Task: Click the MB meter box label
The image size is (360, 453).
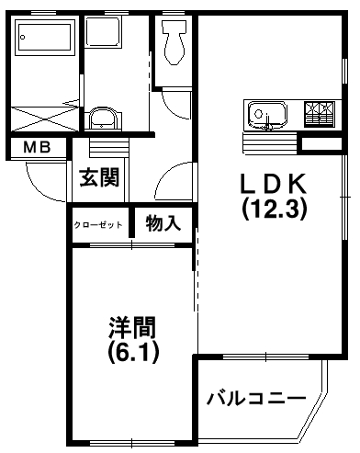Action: (37, 148)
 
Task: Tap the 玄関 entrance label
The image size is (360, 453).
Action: (99, 177)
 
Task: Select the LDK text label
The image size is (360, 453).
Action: (274, 184)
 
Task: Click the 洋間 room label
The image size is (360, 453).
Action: (132, 327)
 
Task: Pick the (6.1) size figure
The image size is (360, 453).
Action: (133, 352)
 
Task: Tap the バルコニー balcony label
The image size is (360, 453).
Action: (256, 399)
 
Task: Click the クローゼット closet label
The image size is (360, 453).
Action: (98, 225)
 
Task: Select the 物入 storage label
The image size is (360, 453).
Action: (163, 223)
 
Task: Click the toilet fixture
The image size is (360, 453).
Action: (174, 42)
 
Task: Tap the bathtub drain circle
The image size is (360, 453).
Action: (22, 38)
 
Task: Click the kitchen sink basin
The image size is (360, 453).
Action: (267, 115)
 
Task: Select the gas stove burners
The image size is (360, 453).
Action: (319, 114)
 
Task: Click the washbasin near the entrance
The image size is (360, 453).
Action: (103, 119)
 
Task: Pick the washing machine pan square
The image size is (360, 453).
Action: (103, 32)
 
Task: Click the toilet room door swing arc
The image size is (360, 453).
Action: (173, 108)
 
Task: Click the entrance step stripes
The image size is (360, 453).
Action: (108, 148)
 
